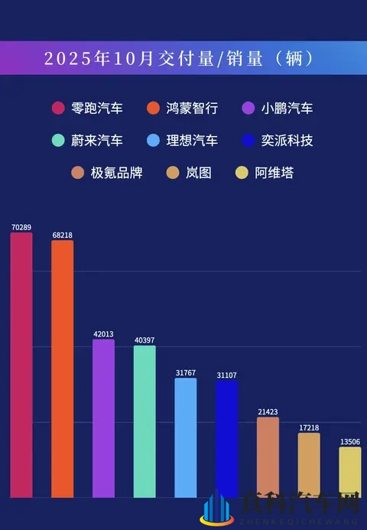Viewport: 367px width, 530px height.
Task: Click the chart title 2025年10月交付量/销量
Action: (179, 58)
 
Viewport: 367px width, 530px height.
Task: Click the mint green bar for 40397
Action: (145, 421)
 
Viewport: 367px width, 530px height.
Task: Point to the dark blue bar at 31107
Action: (227, 439)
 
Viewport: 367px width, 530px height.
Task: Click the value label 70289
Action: (21, 227)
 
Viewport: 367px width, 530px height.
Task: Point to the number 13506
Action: (350, 441)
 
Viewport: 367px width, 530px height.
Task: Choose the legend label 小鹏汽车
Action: (287, 109)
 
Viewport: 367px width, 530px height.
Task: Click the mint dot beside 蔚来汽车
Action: (57, 141)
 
